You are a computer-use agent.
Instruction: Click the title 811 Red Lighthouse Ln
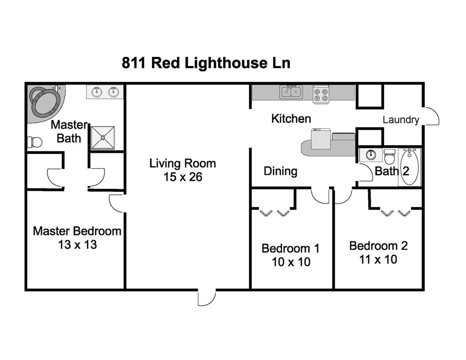206,63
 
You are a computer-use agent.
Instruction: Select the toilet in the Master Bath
35,142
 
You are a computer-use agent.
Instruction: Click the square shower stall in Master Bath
102,137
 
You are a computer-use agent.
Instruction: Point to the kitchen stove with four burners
321,94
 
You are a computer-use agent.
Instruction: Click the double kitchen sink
291,91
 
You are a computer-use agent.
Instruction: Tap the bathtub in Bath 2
410,167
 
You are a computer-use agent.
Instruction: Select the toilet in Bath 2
390,157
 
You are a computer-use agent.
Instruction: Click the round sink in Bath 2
370,155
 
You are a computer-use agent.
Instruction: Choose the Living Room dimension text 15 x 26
183,177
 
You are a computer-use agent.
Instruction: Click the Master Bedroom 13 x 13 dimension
77,245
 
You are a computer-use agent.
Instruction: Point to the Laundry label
401,120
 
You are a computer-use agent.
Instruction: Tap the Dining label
280,171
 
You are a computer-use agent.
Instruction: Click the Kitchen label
291,119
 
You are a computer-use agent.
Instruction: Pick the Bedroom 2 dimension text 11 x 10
378,259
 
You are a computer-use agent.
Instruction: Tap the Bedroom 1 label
290,248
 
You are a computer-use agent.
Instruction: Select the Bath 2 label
392,171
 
